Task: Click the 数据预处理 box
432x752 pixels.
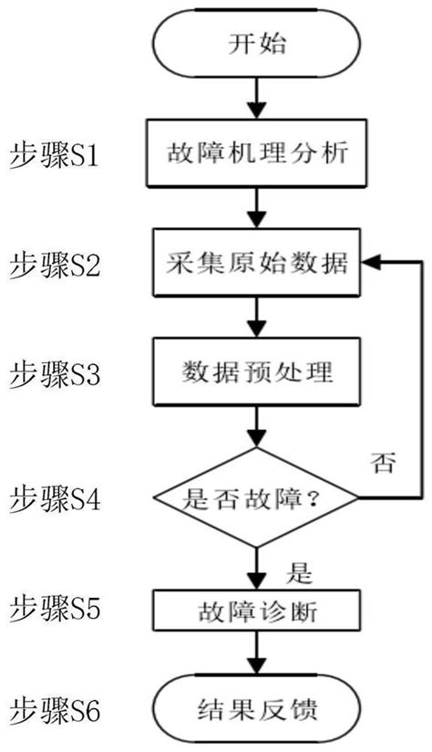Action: (x=256, y=372)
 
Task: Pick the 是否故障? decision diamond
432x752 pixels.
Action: (x=256, y=498)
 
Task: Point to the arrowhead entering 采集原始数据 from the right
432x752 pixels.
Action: (x=369, y=262)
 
